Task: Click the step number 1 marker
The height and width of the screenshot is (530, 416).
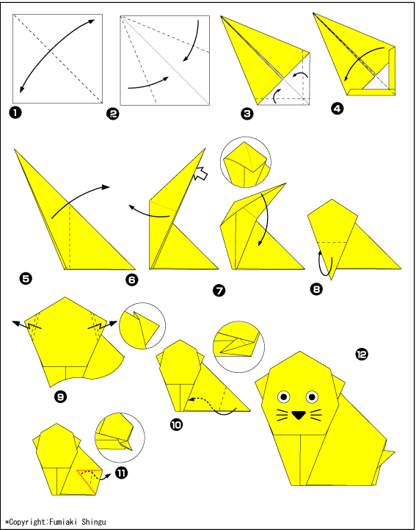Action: click(15, 112)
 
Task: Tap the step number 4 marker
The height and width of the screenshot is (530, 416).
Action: click(337, 109)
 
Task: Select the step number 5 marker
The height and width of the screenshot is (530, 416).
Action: click(26, 279)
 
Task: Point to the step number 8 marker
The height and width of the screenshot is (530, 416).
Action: click(315, 289)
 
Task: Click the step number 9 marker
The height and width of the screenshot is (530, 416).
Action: click(60, 396)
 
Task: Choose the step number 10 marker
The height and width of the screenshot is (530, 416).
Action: click(176, 424)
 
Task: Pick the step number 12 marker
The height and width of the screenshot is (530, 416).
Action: click(361, 355)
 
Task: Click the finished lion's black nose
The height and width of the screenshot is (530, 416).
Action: click(299, 415)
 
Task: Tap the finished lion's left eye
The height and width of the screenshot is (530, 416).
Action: click(284, 396)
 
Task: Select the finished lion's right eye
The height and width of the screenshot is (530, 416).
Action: click(313, 396)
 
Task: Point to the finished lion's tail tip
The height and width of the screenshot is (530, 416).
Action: click(395, 451)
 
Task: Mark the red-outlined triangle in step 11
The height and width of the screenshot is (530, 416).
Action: click(90, 480)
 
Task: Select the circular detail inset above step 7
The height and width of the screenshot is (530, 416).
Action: click(245, 162)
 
